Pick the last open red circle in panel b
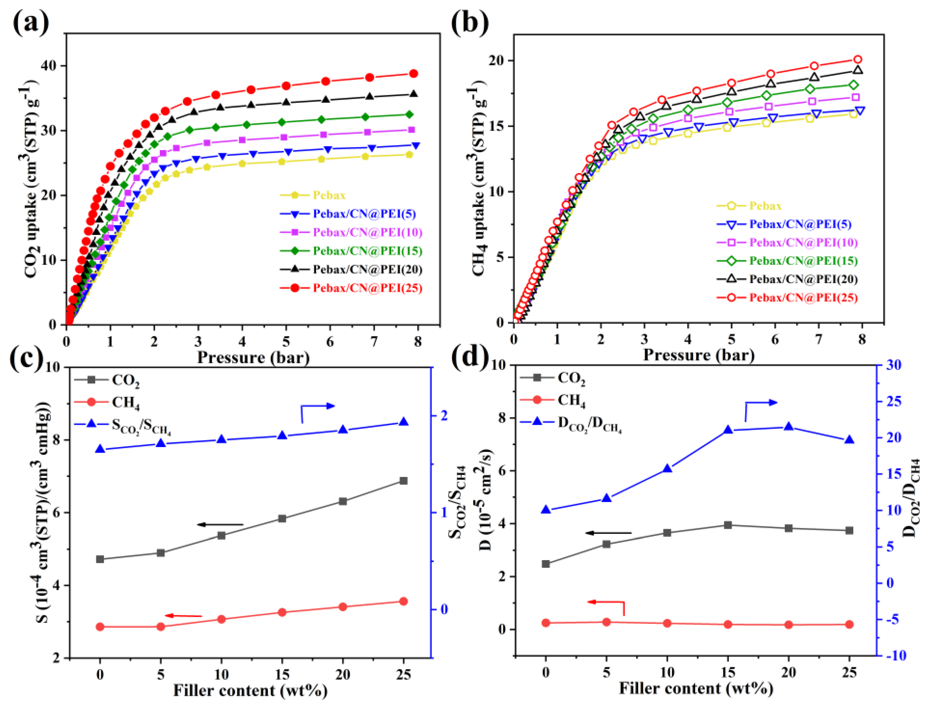[x=857, y=60]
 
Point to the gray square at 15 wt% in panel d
[x=728, y=525]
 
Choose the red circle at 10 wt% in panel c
[x=222, y=619]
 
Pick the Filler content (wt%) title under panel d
[x=696, y=688]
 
